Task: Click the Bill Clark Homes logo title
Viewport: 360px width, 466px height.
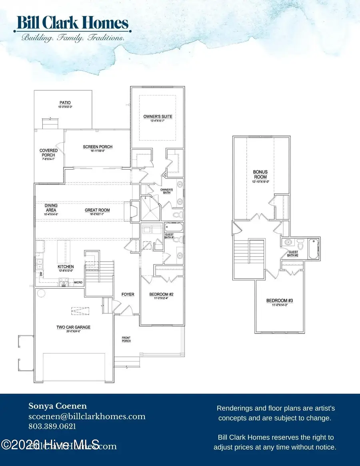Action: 72,23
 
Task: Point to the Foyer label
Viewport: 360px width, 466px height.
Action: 128,294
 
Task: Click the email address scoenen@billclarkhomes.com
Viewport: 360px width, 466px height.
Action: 87,416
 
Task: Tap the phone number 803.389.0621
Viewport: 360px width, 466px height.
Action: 52,426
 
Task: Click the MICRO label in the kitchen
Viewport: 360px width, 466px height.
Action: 78,283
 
